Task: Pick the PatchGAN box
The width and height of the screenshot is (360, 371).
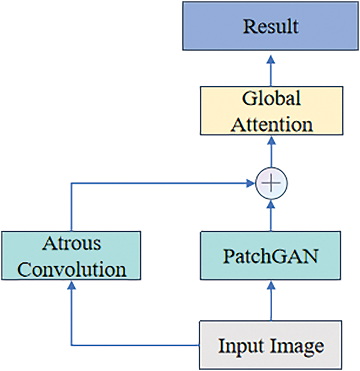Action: click(271, 257)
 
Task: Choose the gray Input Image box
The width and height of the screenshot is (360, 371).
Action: click(271, 345)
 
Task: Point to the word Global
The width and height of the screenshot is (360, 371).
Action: click(271, 99)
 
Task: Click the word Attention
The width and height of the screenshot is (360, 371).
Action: click(271, 124)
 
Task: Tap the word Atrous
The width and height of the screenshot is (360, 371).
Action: click(71, 243)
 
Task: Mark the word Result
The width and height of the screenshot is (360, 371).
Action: click(271, 26)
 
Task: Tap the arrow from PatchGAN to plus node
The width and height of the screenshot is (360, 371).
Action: click(271, 214)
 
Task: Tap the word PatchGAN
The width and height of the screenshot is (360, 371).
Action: click(271, 257)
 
